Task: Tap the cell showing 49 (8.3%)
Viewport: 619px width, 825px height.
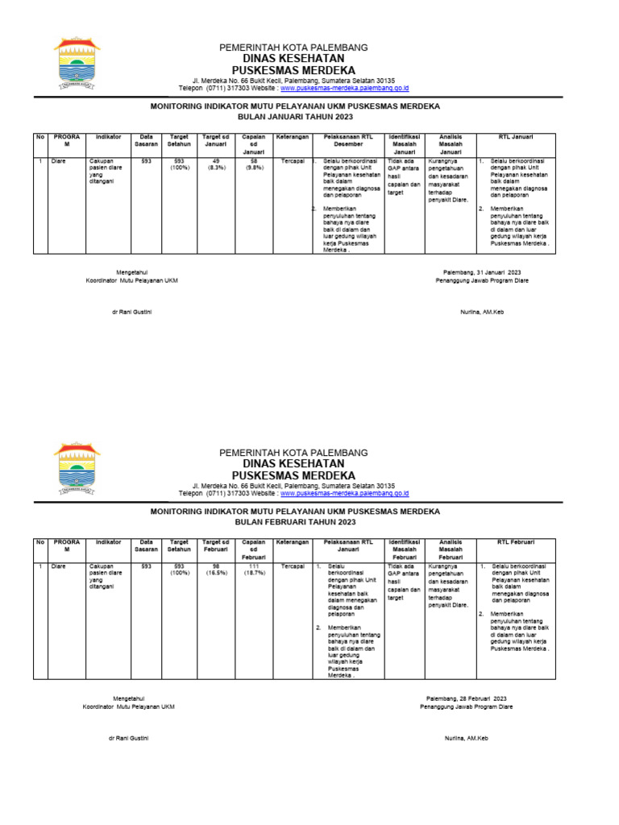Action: [215, 164]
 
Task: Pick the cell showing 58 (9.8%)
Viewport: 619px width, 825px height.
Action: [253, 164]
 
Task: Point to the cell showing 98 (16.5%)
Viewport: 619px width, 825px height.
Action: [215, 570]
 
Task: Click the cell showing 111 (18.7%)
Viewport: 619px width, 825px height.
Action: [253, 570]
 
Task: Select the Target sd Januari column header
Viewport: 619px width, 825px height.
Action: [215, 140]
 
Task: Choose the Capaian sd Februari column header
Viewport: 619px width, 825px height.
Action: [253, 549]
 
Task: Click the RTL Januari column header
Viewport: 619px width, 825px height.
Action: [516, 137]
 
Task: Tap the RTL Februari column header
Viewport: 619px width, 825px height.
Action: [516, 543]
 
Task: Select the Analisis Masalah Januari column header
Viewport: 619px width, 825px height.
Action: [451, 143]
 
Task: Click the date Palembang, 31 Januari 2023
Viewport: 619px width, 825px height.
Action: [482, 272]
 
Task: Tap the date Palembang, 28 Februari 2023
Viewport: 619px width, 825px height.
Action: [467, 698]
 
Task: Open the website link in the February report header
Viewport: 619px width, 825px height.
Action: [344, 493]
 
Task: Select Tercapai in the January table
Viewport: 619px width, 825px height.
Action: [292, 161]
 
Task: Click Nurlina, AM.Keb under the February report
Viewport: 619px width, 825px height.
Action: [467, 738]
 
